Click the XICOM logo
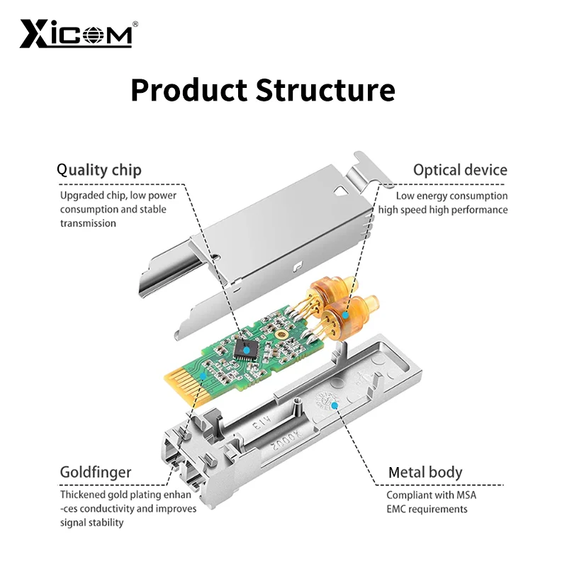coord(76,33)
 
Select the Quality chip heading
coord(99,170)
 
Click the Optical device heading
coord(460,170)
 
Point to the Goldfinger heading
coord(95,472)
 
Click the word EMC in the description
coord(398,509)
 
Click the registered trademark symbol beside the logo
coord(135,23)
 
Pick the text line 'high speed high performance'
coord(442,210)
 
